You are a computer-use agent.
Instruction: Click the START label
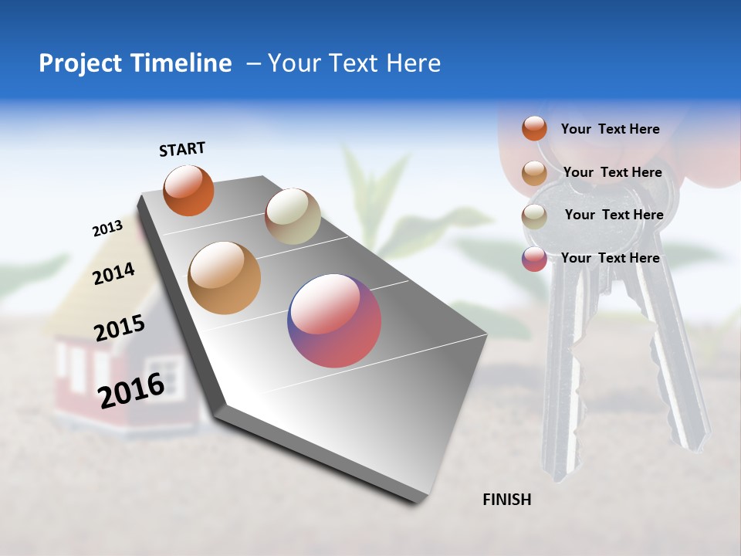click(x=182, y=149)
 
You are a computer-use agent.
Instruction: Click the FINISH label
click(x=507, y=500)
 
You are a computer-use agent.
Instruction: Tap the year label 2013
click(x=107, y=229)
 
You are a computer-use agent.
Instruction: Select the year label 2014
click(x=113, y=273)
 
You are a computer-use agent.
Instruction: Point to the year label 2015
click(x=120, y=328)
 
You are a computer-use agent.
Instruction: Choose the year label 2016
click(x=131, y=390)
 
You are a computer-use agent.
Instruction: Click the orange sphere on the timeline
click(x=188, y=190)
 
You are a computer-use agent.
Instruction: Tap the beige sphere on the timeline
click(x=293, y=216)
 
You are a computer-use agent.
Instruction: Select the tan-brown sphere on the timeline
click(x=225, y=278)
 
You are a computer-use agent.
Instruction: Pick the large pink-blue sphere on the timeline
click(x=334, y=320)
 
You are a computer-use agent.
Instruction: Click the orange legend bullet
click(x=534, y=128)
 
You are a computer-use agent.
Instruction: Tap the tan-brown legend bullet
click(x=534, y=173)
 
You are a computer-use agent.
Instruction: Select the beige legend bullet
click(x=534, y=216)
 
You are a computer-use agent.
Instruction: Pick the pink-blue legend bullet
click(x=534, y=259)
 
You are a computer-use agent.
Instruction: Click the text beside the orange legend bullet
click(x=611, y=129)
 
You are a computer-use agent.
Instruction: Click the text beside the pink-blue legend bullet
click(x=611, y=258)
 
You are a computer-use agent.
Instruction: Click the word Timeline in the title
click(x=181, y=63)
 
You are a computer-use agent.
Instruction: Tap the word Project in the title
click(x=80, y=63)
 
